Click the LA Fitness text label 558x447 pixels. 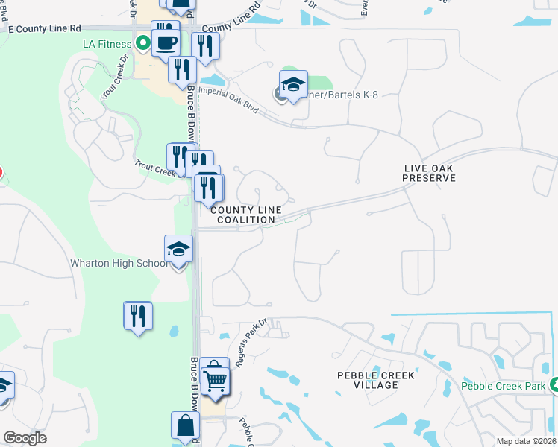pos(107,45)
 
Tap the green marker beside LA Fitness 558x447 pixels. pos(139,45)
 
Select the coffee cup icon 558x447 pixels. pos(166,42)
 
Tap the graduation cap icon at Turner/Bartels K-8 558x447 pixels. pos(294,86)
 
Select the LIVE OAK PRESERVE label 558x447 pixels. pos(428,174)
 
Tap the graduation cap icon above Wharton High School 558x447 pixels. pos(179,250)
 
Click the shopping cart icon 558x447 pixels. pos(215,379)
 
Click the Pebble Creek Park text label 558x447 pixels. pos(503,386)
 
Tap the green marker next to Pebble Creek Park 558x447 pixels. pos(554,385)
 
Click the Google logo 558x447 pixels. pos(25,438)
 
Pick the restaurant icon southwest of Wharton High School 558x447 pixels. pos(138,317)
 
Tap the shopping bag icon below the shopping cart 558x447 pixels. pos(185,426)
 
